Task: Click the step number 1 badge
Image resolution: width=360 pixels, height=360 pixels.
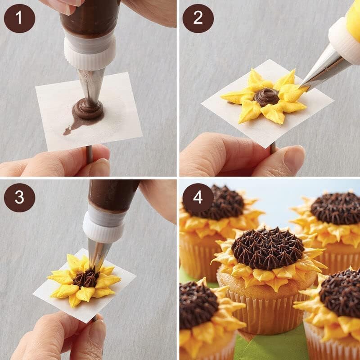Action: click(x=19, y=18)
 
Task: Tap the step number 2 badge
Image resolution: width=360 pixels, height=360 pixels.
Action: click(x=198, y=18)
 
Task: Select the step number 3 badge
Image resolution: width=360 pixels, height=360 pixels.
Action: click(x=19, y=198)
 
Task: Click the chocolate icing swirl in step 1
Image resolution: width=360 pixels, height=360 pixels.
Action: click(x=88, y=108)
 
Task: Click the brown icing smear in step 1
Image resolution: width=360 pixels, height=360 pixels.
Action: click(x=72, y=128)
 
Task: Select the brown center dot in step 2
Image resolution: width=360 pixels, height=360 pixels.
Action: click(x=266, y=96)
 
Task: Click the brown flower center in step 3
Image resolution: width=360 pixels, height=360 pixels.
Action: click(x=85, y=278)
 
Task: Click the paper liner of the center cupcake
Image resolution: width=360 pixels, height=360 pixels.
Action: click(x=265, y=310)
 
